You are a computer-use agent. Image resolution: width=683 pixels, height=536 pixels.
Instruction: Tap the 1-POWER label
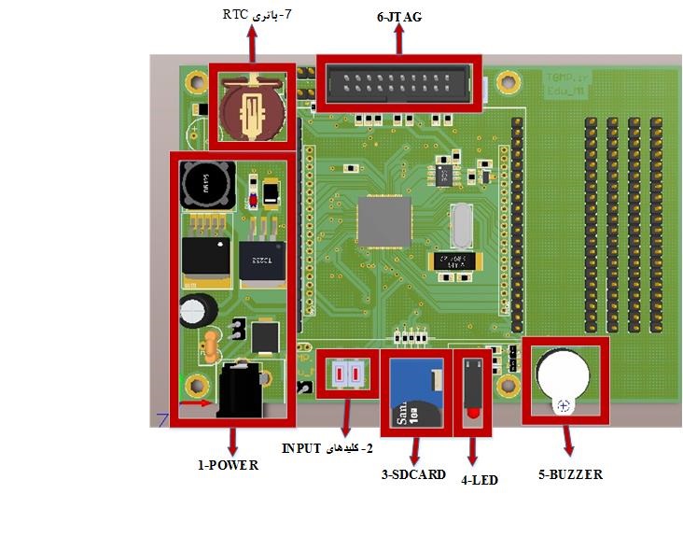pos(227,465)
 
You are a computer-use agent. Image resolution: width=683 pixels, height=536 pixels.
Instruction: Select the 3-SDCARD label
pos(413,475)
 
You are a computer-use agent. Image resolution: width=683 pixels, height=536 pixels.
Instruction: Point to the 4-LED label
pos(480,480)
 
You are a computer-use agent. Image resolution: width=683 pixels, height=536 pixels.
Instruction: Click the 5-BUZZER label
pos(570,474)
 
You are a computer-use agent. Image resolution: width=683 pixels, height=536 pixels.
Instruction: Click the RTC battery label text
pos(258,15)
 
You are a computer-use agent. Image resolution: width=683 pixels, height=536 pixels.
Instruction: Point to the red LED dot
pos(473,413)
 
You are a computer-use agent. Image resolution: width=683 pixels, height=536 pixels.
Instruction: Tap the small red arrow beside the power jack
pos(199,404)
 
